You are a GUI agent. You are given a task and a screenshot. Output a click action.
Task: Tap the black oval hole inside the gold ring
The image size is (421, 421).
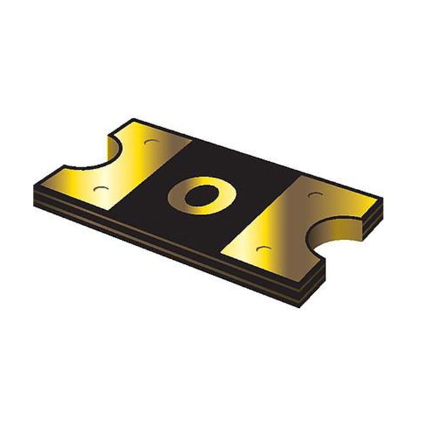[x=195, y=195]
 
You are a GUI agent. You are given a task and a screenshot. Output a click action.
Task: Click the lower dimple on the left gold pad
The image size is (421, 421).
[x=100, y=189]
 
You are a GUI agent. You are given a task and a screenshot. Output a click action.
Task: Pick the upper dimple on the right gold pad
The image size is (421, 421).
[x=314, y=195]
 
